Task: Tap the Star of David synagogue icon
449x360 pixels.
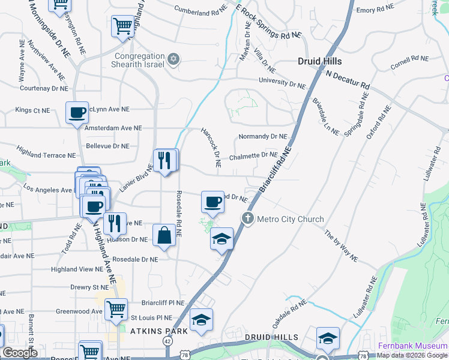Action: point(174,59)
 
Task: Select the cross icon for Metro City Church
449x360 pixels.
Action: point(247,219)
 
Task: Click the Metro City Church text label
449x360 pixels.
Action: point(290,219)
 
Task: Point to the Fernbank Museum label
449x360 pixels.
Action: point(413,346)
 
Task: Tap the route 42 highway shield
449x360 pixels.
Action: point(167,341)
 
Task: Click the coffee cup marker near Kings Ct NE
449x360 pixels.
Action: point(77,112)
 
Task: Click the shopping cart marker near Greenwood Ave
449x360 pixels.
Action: point(116,309)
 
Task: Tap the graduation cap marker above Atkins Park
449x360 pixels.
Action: point(201,319)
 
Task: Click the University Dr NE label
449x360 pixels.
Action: point(282,82)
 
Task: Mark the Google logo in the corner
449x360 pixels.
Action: point(20,353)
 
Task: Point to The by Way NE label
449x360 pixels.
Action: point(341,246)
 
